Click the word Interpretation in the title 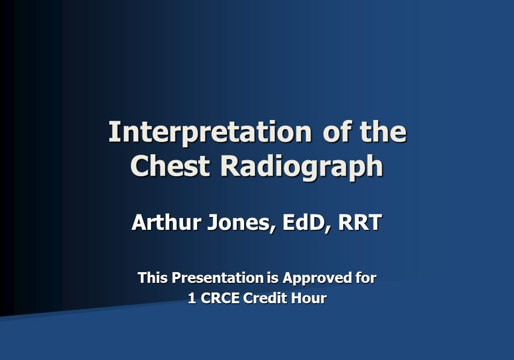209,132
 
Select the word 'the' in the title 381,132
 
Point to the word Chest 171,166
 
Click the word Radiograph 301,167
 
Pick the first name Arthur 164,222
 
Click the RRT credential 360,222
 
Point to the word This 153,278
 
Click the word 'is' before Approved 273,278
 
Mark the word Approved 316,279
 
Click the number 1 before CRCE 192,298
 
